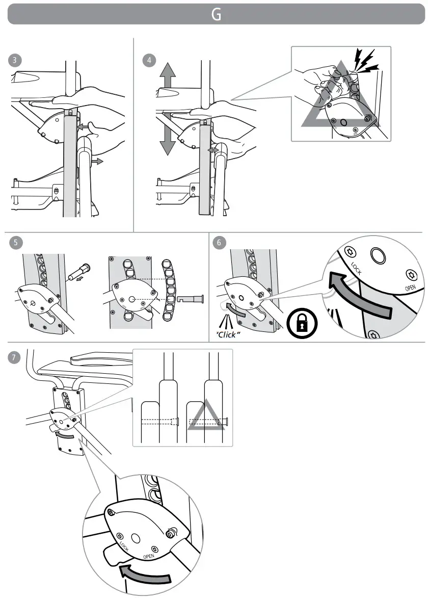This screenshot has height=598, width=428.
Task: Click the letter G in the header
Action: [216, 15]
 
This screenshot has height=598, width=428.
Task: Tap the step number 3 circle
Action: [16, 60]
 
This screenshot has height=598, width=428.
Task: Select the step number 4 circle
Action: [149, 60]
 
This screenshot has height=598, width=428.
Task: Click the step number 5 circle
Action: [16, 243]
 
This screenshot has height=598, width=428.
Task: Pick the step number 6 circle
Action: [219, 243]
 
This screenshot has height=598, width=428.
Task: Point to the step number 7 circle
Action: [16, 357]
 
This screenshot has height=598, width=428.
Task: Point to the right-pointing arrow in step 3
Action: [96, 161]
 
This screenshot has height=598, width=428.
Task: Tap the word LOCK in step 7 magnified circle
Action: [124, 546]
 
